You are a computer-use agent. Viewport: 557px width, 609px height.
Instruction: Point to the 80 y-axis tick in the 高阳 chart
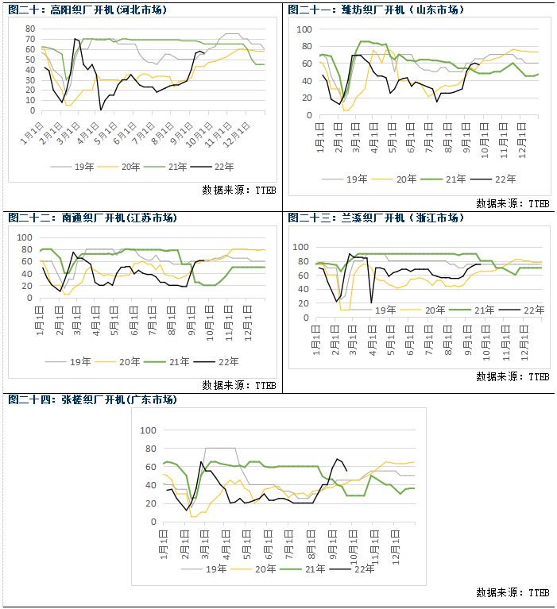[x=29, y=28]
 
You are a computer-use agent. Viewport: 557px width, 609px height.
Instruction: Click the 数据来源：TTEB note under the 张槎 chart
[x=513, y=592]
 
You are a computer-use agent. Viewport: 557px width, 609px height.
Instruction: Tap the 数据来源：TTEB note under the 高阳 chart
[x=238, y=190]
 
